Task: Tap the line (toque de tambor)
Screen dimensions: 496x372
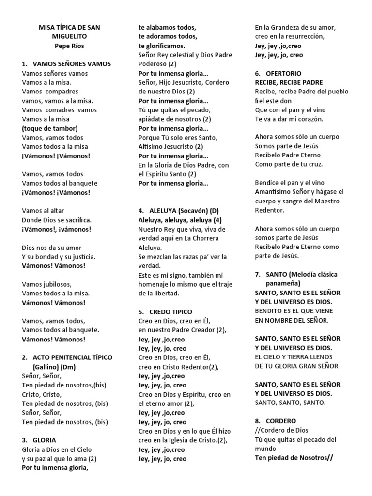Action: (x=49, y=128)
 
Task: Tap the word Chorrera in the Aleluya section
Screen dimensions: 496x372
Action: (x=205, y=238)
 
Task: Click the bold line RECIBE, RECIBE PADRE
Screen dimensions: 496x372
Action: (x=289, y=82)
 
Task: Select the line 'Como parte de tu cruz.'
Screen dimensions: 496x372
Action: (x=289, y=164)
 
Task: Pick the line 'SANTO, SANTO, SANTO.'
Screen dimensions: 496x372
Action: (x=290, y=403)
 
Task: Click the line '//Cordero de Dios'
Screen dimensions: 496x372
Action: (x=281, y=431)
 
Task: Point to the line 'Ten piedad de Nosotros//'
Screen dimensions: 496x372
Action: (x=294, y=458)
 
